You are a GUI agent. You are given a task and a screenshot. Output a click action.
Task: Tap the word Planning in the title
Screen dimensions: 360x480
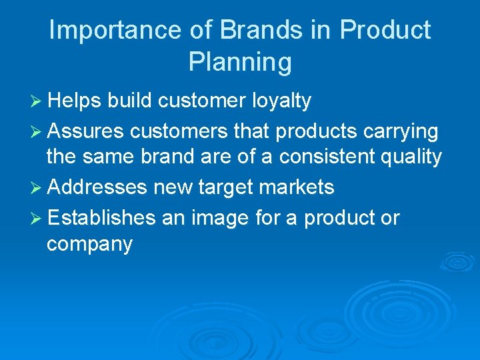(x=240, y=62)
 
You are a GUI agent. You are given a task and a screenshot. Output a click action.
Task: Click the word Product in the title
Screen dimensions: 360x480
(x=385, y=31)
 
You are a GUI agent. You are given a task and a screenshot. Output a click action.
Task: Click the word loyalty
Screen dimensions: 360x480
(x=281, y=101)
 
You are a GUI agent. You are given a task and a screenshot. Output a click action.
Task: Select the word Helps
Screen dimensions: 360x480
(x=73, y=101)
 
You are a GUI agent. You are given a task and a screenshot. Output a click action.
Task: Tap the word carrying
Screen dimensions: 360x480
(x=400, y=132)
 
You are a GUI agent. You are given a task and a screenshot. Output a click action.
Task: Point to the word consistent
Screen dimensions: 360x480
(x=326, y=157)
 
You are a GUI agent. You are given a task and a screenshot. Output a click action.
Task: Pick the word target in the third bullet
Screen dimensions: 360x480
(x=223, y=188)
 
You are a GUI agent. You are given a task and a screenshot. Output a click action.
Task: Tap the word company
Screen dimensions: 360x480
(x=89, y=245)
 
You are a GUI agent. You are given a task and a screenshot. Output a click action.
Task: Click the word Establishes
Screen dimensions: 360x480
(x=101, y=218)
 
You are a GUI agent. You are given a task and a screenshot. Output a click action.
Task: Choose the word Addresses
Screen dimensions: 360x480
(x=97, y=188)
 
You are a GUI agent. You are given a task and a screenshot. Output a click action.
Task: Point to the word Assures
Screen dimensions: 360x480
(x=85, y=132)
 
